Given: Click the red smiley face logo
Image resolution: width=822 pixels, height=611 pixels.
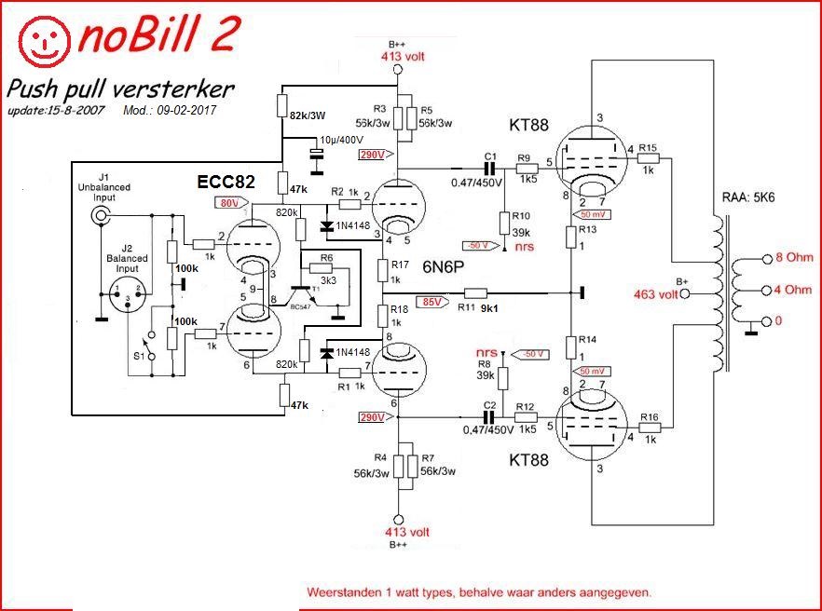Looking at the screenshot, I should (46, 38).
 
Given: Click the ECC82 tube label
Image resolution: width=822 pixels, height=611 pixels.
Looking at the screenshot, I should (226, 182).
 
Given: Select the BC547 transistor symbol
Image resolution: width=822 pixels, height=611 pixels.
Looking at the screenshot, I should (299, 294).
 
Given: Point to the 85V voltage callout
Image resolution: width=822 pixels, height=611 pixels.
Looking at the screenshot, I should (432, 302).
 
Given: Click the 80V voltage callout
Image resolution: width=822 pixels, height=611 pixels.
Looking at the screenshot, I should (228, 202).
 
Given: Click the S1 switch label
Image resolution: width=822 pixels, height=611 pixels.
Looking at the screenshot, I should (137, 355).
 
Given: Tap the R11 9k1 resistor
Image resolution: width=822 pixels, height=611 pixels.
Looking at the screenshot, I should (475, 292).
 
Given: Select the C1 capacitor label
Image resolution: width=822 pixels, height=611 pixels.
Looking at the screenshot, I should (490, 155).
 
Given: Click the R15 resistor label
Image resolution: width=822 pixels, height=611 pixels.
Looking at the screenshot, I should (649, 148).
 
